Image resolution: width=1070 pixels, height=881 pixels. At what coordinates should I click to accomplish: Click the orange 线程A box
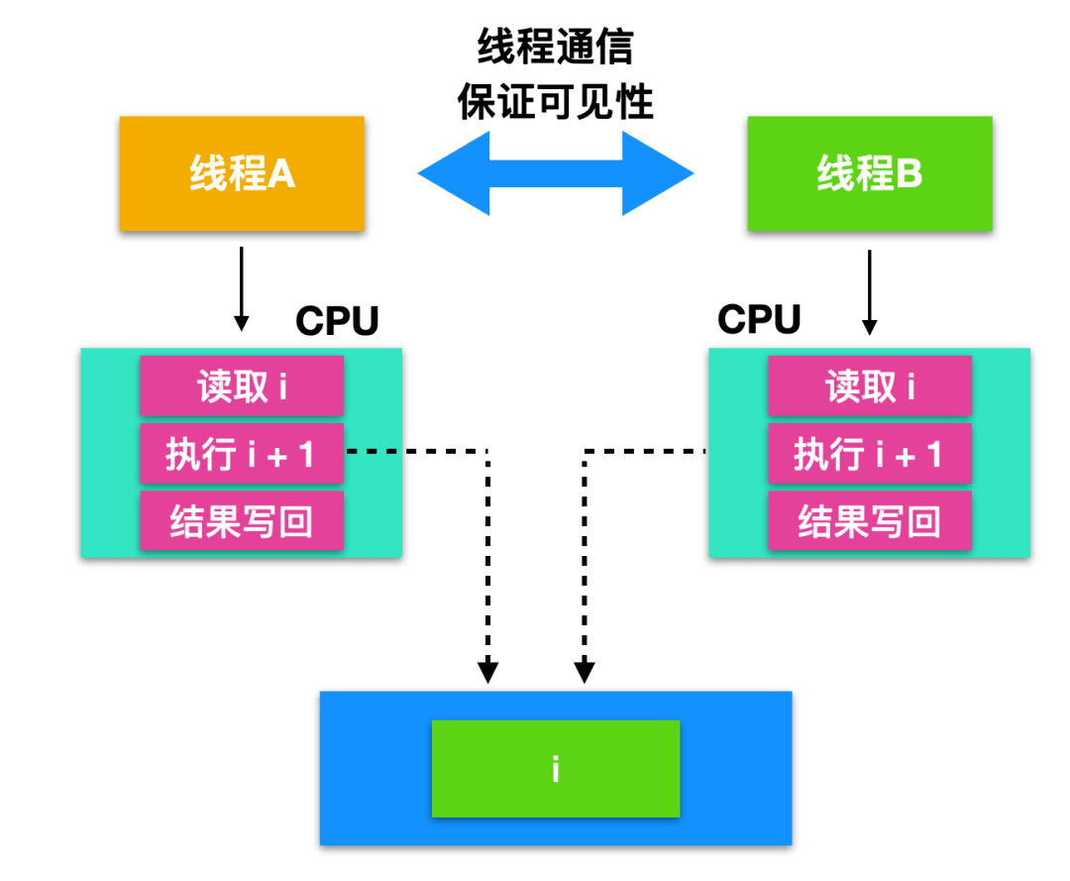pyautogui.click(x=242, y=173)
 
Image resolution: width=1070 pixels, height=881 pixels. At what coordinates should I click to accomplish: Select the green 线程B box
pyautogui.click(x=869, y=173)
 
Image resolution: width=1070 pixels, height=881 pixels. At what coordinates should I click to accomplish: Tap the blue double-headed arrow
pyautogui.click(x=555, y=173)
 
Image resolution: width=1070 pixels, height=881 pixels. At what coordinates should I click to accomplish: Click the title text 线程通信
pyautogui.click(x=555, y=47)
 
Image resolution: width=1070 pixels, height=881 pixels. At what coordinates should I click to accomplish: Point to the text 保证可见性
pyautogui.click(x=555, y=101)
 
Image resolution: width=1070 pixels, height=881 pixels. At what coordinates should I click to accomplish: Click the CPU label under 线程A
pyautogui.click(x=337, y=320)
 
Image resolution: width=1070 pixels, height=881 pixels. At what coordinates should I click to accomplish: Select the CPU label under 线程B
pyautogui.click(x=759, y=319)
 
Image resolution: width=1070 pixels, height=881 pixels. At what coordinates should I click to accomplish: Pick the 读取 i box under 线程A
pyautogui.click(x=242, y=385)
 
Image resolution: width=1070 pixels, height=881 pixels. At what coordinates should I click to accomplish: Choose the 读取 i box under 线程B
pyautogui.click(x=869, y=385)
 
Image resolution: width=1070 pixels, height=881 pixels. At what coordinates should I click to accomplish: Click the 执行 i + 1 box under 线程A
pyautogui.click(x=242, y=454)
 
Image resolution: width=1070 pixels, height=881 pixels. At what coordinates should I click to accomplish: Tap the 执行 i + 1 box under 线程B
pyautogui.click(x=869, y=454)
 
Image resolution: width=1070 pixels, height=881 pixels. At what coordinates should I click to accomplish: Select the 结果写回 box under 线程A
pyautogui.click(x=242, y=521)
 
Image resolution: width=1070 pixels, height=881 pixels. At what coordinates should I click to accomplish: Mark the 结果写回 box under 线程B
pyautogui.click(x=869, y=521)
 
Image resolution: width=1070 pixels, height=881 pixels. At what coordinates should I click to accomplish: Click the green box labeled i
pyautogui.click(x=555, y=769)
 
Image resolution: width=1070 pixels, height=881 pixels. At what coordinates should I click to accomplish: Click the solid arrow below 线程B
pyautogui.click(x=869, y=291)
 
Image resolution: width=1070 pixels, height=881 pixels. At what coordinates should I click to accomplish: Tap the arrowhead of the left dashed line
pyautogui.click(x=487, y=672)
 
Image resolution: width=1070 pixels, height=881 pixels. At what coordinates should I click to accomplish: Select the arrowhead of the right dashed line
pyautogui.click(x=585, y=672)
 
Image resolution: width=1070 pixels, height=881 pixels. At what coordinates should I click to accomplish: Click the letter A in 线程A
pyautogui.click(x=281, y=174)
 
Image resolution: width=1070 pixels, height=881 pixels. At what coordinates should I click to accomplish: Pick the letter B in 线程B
pyautogui.click(x=909, y=174)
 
